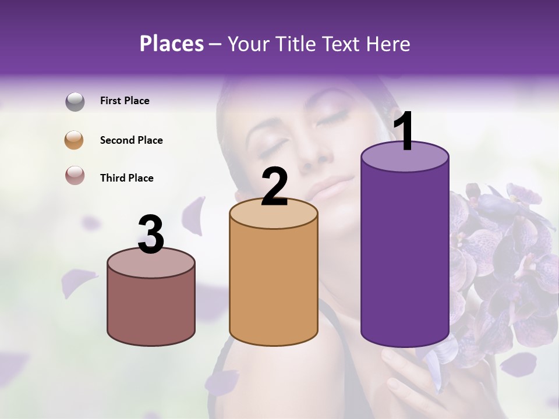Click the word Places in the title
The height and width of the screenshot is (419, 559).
click(171, 44)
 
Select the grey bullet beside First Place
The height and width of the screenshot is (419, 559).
click(75, 102)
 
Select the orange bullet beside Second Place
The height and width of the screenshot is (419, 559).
click(74, 140)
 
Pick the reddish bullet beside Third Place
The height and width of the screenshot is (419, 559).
click(75, 175)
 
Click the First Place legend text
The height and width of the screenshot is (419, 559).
click(125, 101)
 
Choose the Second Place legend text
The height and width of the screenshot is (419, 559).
click(131, 140)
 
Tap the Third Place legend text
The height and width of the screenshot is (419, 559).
click(126, 178)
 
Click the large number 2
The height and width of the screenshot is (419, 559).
click(274, 187)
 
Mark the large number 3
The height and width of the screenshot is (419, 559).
click(151, 235)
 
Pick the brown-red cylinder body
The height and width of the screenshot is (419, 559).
click(151, 308)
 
